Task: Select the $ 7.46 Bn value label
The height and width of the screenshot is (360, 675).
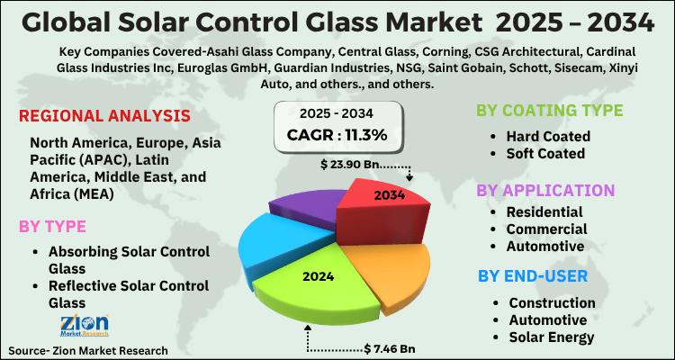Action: tap(390, 348)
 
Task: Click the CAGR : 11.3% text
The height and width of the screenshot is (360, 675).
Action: tap(337, 135)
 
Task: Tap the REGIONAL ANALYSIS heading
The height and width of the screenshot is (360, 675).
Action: tap(105, 116)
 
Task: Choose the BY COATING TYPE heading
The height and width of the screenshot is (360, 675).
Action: tap(549, 110)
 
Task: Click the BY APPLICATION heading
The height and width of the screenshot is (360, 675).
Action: tap(545, 190)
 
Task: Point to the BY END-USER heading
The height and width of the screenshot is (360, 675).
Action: tap(533, 275)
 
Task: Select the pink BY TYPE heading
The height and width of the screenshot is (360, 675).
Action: tap(52, 227)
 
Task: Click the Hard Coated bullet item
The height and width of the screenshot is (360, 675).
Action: tap(548, 136)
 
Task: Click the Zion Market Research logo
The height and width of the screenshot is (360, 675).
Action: tap(85, 325)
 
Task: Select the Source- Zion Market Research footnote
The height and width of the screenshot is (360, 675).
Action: tap(88, 350)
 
